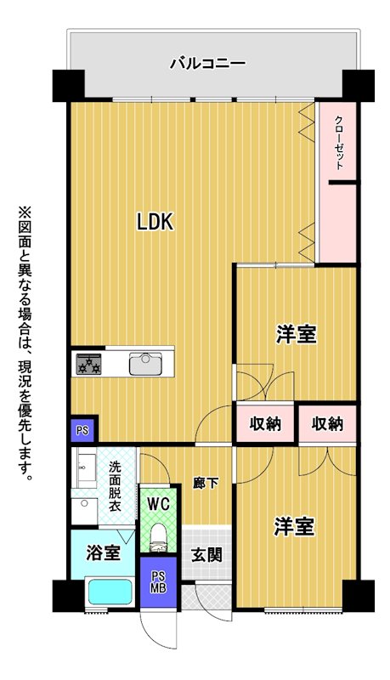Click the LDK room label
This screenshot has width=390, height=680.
coord(155,222)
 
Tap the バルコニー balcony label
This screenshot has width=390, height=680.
coord(208,64)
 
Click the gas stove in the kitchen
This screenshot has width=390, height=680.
coord(89,364)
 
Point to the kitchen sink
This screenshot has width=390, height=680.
coord(146,364)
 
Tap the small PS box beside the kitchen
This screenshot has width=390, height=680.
coord(82,431)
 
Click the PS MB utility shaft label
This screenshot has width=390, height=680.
coord(158,582)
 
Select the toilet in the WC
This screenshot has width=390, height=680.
coord(159,538)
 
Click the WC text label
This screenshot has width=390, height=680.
coord(158,504)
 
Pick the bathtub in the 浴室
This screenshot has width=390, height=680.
coord(110,592)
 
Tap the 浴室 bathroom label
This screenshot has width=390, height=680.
coord(103,553)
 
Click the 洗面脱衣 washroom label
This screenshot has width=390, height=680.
coord(115,485)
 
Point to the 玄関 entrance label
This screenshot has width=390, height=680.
coord(207,554)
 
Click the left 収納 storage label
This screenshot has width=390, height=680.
coord(265,423)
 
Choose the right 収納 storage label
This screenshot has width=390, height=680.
coord(328,423)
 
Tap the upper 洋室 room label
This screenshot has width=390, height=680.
coord(297,334)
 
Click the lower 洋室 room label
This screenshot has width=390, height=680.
coord(294,526)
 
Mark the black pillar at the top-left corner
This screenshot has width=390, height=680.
coord(69,85)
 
